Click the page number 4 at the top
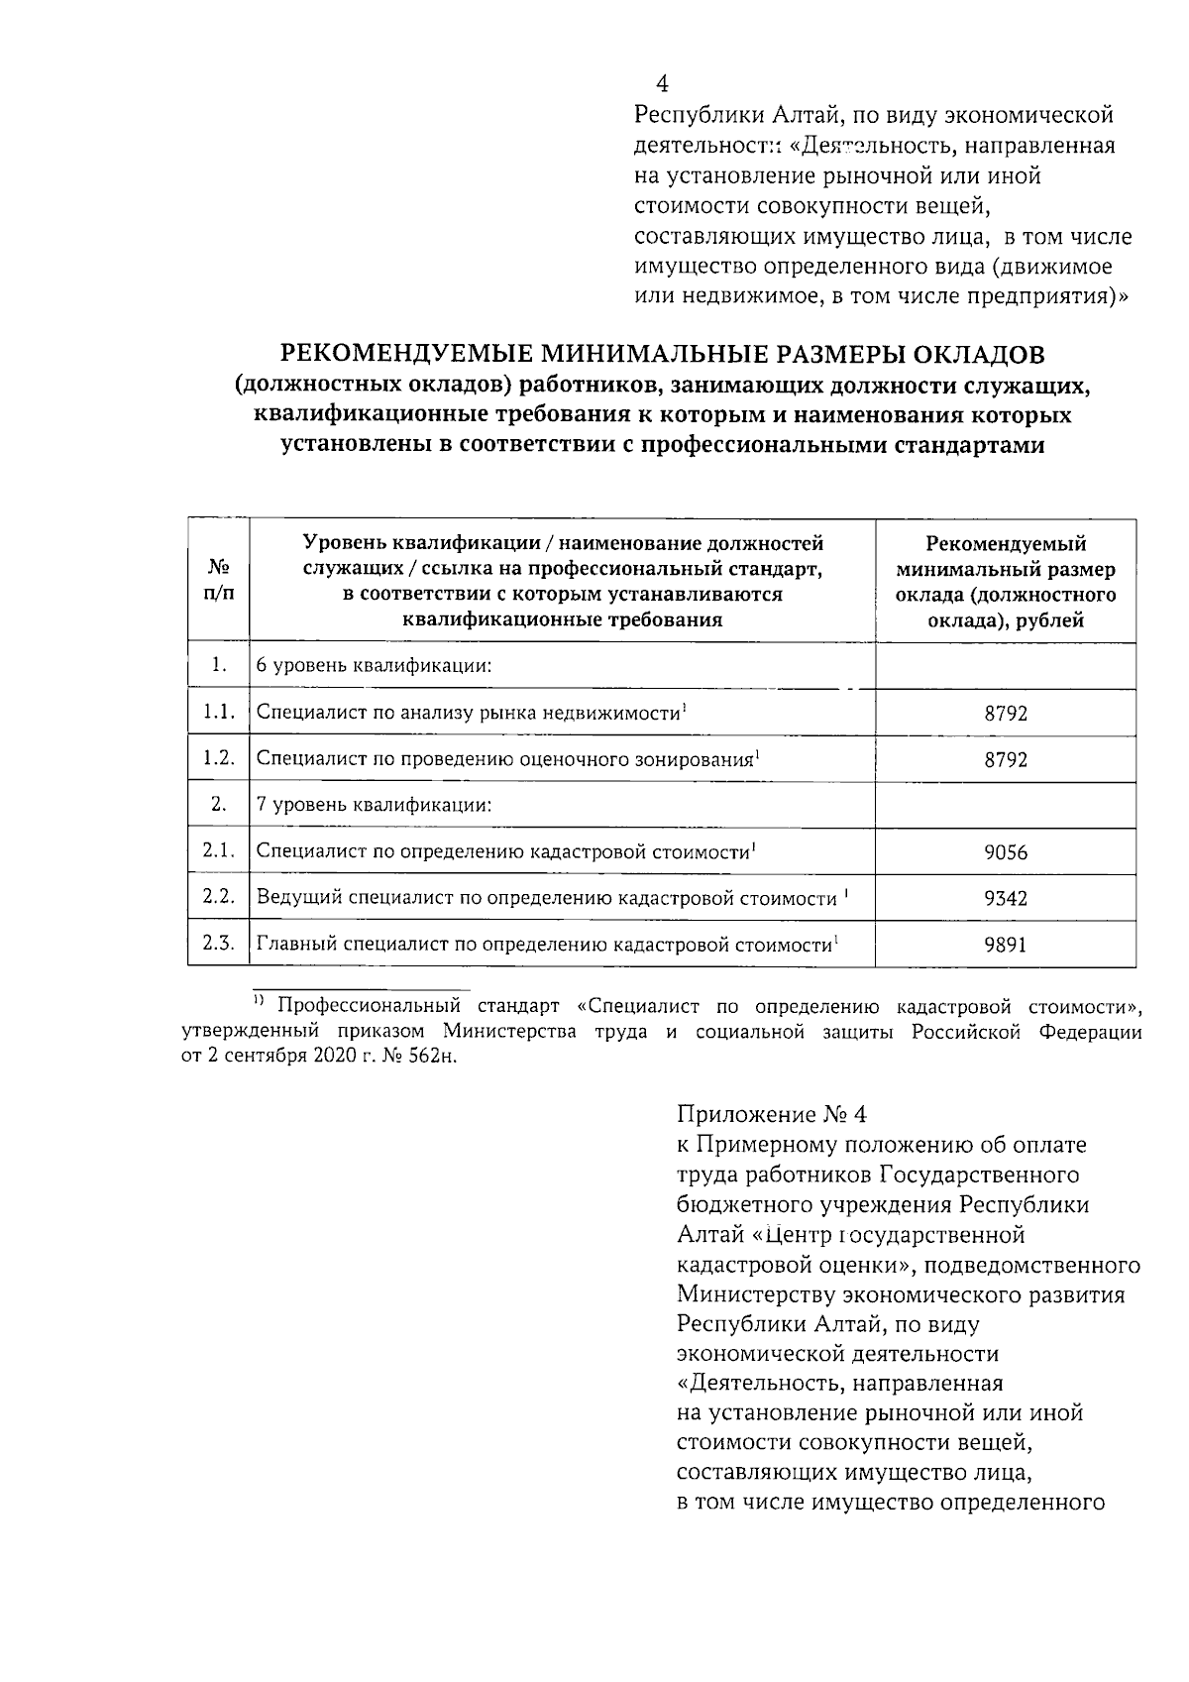[662, 84]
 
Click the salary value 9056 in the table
[1006, 852]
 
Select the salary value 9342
[1006, 899]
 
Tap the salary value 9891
[1006, 946]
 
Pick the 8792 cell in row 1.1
[1006, 714]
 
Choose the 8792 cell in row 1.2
[1006, 760]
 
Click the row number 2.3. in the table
[218, 944]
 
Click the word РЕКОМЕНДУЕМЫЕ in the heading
[405, 354]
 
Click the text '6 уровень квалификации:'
[375, 666]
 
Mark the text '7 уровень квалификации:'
[375, 805]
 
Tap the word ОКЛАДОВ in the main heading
[967, 354]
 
